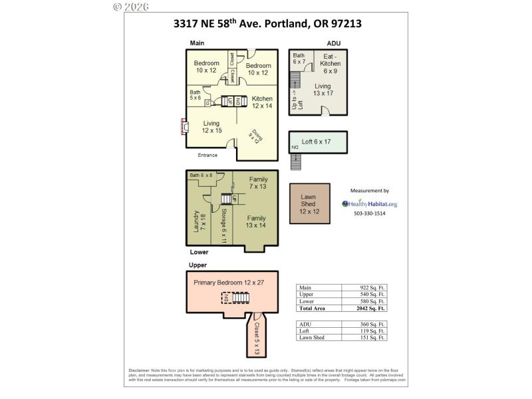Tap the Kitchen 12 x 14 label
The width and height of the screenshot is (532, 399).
click(262, 102)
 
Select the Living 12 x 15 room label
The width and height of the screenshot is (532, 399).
click(211, 126)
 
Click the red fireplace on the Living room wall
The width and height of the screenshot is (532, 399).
click(183, 126)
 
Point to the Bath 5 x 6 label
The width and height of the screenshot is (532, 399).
click(195, 95)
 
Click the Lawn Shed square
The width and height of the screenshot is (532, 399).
click(309, 203)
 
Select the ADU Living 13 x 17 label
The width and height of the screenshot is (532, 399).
click(323, 90)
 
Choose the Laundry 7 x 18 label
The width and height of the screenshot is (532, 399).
click(197, 223)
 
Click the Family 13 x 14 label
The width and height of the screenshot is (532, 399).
click(257, 221)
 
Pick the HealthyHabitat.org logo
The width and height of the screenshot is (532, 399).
click(369, 204)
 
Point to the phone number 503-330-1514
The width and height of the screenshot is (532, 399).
click(369, 213)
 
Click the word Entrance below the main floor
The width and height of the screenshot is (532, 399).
click(207, 155)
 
